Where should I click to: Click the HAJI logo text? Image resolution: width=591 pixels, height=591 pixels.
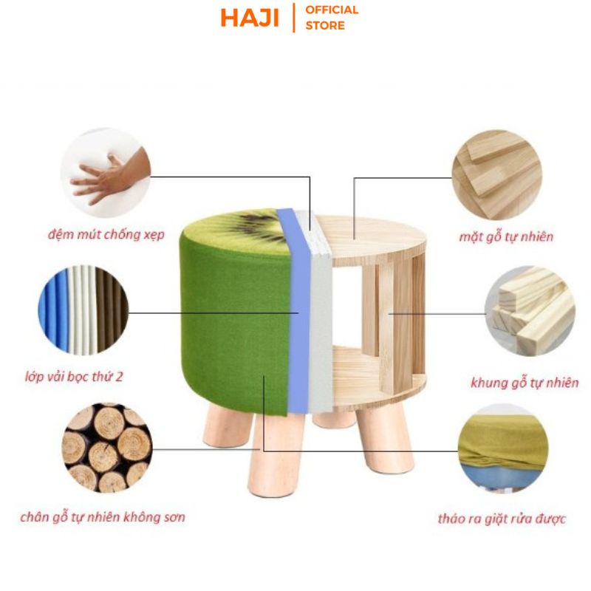coord(250,18)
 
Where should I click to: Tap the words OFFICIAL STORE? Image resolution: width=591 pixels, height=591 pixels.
coord(332,18)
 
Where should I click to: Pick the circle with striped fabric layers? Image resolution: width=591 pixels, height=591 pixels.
coord(83,309)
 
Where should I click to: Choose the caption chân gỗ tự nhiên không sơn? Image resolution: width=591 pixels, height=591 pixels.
coord(103,516)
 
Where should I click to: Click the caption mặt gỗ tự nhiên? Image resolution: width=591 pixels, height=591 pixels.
coord(505,237)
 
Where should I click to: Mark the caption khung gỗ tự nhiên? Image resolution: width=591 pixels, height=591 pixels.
coord(525,383)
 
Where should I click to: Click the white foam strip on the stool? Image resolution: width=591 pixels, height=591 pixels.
coord(323,310)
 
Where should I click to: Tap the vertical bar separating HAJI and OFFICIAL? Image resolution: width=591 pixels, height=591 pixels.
coord(294,18)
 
